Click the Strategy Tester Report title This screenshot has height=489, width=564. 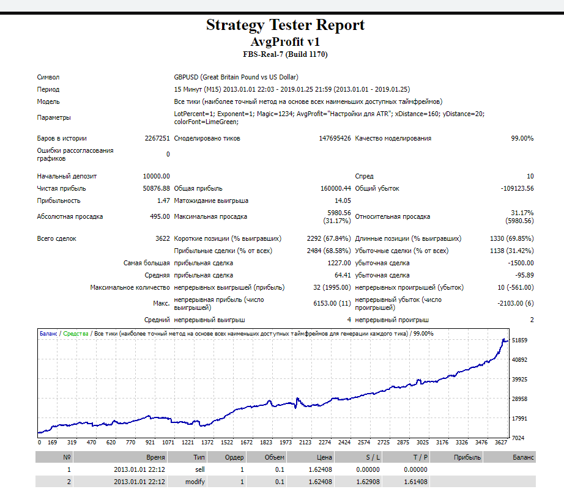pos(285,25)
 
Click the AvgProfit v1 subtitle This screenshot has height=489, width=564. pos(285,42)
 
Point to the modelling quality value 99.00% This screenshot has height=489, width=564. pos(522,138)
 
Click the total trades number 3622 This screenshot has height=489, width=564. pos(158,238)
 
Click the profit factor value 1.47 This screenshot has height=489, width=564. pos(163,200)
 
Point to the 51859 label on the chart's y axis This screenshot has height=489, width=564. pos(519,340)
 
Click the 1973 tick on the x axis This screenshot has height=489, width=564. pos(285,442)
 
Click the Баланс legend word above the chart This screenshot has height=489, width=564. pos(48,334)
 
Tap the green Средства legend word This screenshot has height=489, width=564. pos(75,334)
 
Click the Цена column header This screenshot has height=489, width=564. pos(324,457)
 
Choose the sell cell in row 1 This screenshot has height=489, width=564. pos(199,469)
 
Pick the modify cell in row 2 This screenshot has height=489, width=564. pos(196,482)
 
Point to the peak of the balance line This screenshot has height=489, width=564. pos(503,339)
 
